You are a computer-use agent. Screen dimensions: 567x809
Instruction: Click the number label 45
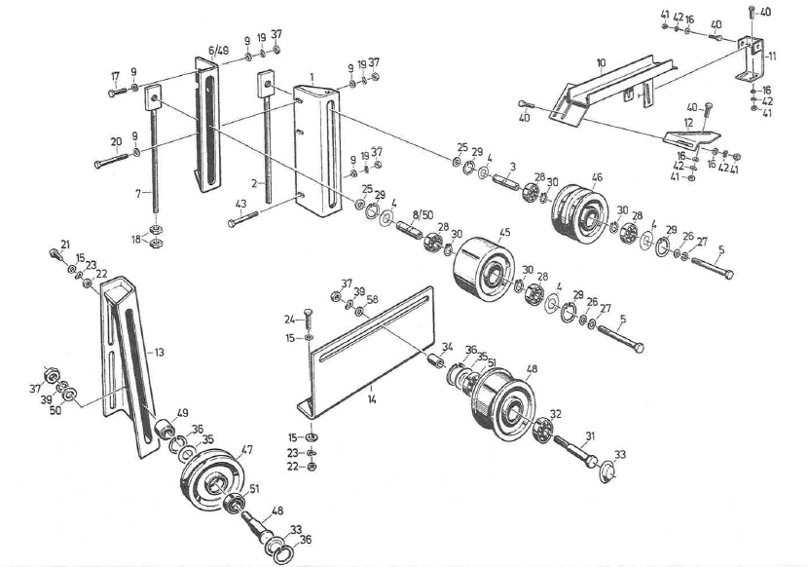coord(504,233)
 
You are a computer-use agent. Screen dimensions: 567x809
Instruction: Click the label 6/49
coord(218,50)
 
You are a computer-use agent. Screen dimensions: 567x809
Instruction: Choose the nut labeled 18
coord(155,241)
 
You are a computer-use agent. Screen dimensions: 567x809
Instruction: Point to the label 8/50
coord(422,213)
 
